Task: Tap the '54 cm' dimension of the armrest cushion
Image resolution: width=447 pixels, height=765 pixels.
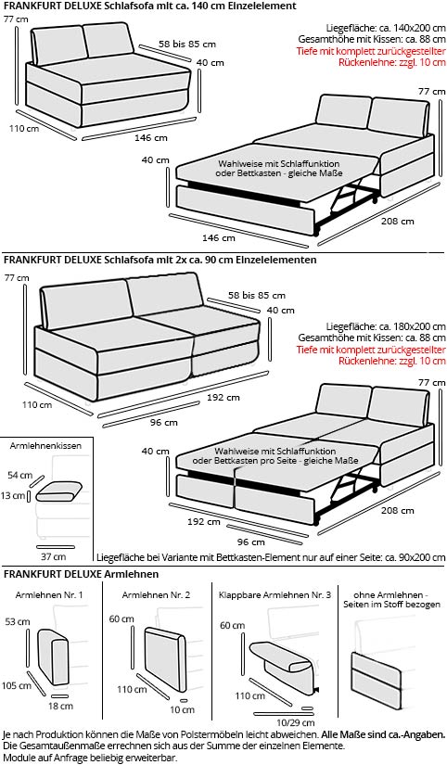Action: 20,476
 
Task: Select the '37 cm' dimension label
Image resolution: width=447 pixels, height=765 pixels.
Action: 53,556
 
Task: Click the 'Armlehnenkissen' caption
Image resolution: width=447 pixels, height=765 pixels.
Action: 45,446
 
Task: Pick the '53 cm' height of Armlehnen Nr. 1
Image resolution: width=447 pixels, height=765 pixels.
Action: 17,621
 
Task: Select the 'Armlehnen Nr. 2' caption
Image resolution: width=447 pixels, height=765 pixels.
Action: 156,594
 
